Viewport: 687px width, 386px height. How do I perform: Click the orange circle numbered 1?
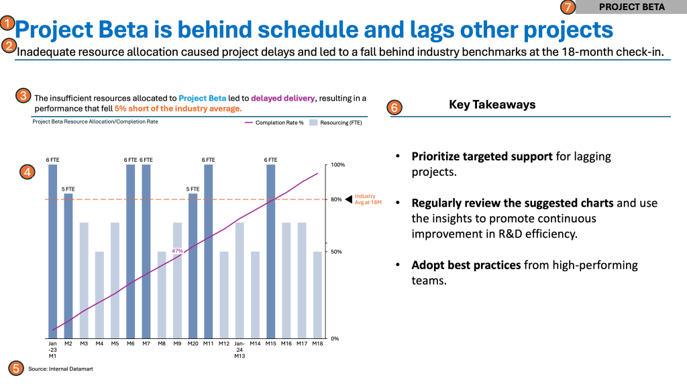click(7, 23)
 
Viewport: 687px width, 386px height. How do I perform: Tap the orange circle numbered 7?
click(568, 7)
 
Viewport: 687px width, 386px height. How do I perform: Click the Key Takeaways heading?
click(492, 105)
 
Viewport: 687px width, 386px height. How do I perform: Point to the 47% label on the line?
click(177, 250)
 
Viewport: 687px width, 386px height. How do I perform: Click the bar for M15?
click(271, 251)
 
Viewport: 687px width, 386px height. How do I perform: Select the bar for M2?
click(68, 266)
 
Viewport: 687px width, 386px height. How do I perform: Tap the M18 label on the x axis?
click(317, 344)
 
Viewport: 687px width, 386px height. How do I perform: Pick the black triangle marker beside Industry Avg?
click(348, 199)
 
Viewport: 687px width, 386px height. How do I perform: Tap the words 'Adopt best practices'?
click(466, 265)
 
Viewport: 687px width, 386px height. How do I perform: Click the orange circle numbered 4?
click(26, 172)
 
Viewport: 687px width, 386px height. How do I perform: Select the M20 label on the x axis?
click(193, 344)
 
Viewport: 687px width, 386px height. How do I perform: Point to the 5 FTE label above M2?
click(68, 189)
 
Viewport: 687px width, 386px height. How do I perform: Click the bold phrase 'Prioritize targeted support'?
click(482, 156)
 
